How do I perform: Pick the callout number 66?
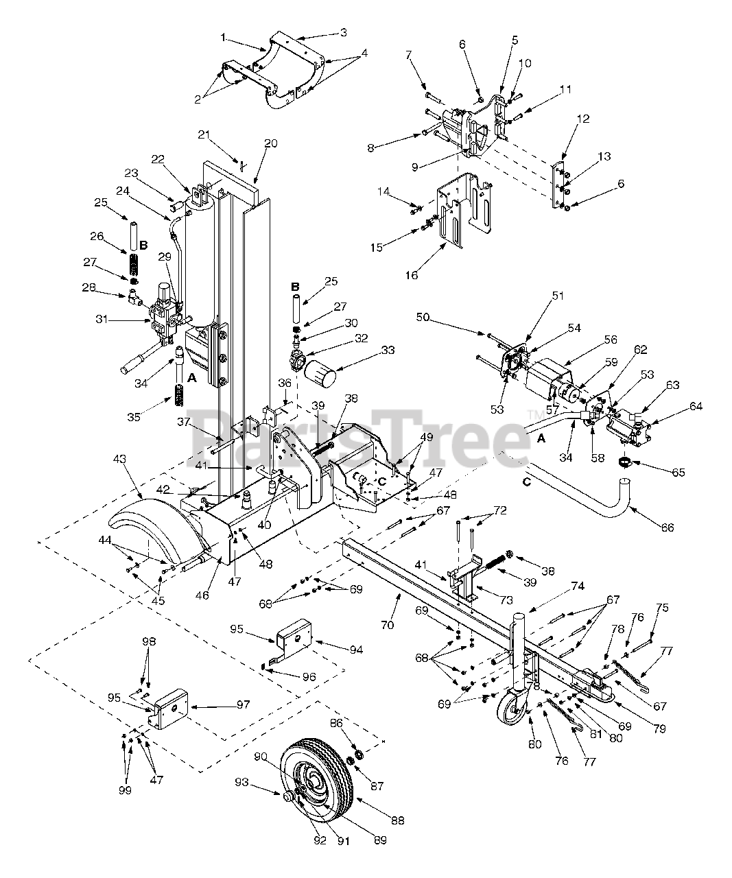pos(667,527)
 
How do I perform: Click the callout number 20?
pos(270,143)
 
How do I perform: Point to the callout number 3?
pos(343,32)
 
